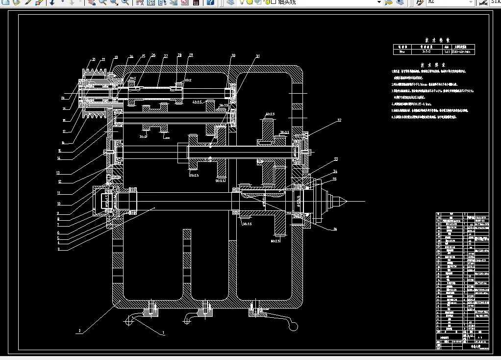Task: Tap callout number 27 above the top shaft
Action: (x=166, y=56)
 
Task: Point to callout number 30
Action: (x=233, y=55)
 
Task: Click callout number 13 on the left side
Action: (x=58, y=173)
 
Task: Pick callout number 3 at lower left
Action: (x=58, y=249)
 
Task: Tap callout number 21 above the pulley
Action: (x=94, y=60)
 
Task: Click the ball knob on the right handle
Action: (x=294, y=325)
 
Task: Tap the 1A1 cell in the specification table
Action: (x=447, y=51)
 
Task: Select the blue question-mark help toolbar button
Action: (x=210, y=2)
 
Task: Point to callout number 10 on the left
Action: (x=58, y=204)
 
